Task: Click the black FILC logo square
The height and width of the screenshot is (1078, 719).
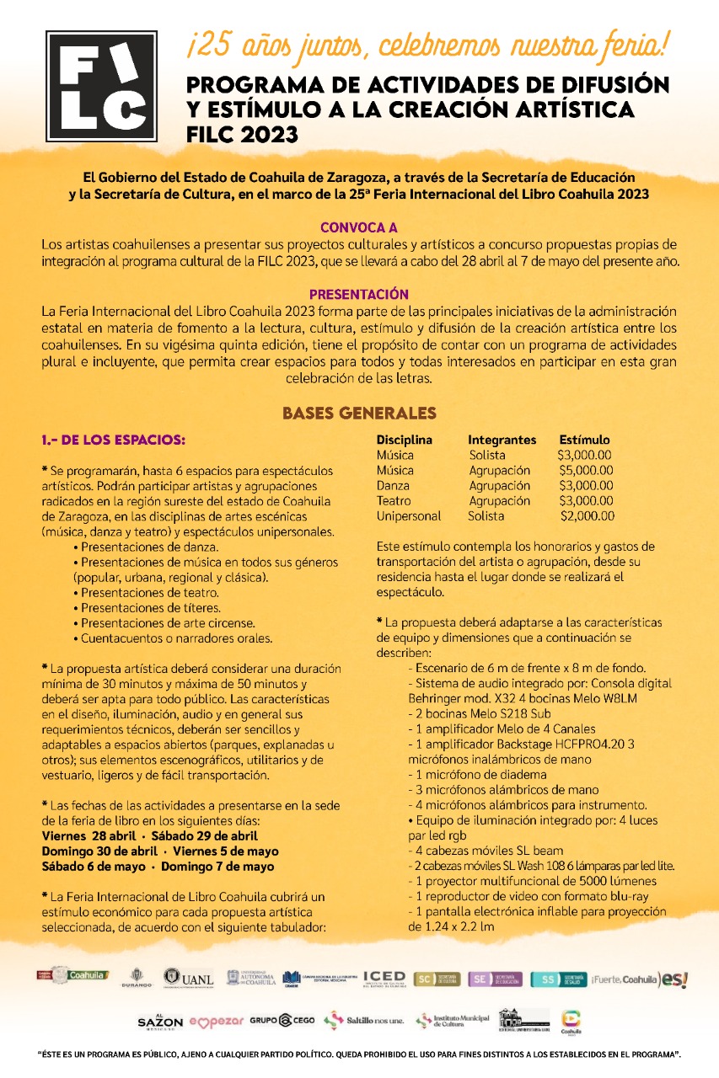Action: [101, 86]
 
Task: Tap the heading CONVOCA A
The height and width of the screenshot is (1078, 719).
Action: [359, 227]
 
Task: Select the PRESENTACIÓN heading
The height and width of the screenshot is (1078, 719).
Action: [359, 295]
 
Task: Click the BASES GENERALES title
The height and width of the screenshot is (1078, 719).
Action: [359, 414]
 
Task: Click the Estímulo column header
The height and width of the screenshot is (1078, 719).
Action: [584, 440]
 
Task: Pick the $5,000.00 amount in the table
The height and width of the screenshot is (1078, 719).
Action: [585, 470]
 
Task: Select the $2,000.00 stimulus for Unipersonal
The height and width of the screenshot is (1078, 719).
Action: [587, 515]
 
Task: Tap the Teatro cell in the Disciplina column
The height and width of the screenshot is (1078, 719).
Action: [394, 500]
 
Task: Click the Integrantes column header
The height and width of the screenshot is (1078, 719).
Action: [502, 440]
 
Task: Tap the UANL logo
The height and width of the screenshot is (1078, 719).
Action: [189, 978]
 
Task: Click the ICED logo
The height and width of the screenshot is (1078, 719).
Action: [384, 978]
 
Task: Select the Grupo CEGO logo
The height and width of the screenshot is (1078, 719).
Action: [282, 1020]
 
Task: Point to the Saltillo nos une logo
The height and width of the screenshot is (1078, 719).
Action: [364, 1020]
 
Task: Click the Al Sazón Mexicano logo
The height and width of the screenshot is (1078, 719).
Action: [160, 1020]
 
